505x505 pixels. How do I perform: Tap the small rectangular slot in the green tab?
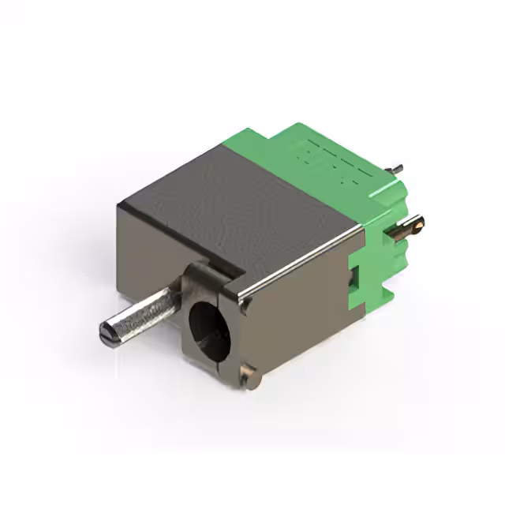pyautogui.click(x=353, y=276)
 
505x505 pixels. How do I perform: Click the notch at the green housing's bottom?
pyautogui.click(x=379, y=296)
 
